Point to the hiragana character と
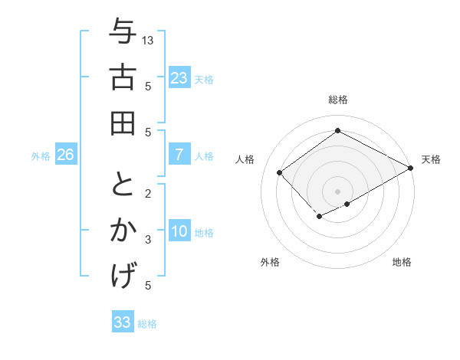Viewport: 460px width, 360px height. pyautogui.click(x=123, y=186)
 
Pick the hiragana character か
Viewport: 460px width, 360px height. pyautogui.click(x=123, y=230)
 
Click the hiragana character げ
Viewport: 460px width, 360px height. pyautogui.click(x=123, y=273)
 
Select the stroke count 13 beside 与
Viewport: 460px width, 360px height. pyautogui.click(x=149, y=40)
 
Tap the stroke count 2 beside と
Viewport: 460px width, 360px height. pyautogui.click(x=148, y=192)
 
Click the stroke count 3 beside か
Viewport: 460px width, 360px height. pyautogui.click(x=148, y=240)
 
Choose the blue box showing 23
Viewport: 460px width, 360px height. pyautogui.click(x=179, y=78)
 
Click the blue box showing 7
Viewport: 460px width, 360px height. pyautogui.click(x=179, y=155)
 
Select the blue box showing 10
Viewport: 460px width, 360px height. pyautogui.click(x=179, y=231)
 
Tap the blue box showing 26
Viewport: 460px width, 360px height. pyautogui.click(x=65, y=155)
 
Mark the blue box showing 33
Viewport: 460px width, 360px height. pyautogui.click(x=122, y=322)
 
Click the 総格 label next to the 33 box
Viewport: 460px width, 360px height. pyautogui.click(x=148, y=324)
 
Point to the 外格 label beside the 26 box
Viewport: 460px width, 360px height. pyautogui.click(x=41, y=156)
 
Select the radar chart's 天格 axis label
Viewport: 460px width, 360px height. pyautogui.click(x=431, y=159)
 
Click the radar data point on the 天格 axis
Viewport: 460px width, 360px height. pyautogui.click(x=411, y=168)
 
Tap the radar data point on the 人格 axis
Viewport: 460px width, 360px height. pyautogui.click(x=280, y=172)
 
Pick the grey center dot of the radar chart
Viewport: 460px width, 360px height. pyautogui.click(x=337, y=190)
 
